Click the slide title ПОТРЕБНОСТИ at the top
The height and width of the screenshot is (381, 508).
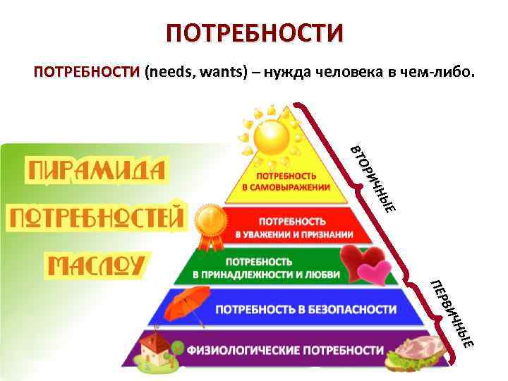coord(254,33)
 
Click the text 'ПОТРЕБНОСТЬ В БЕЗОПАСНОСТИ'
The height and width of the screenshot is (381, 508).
coord(306,309)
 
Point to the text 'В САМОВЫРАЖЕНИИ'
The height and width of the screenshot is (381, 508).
coord(286,188)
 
